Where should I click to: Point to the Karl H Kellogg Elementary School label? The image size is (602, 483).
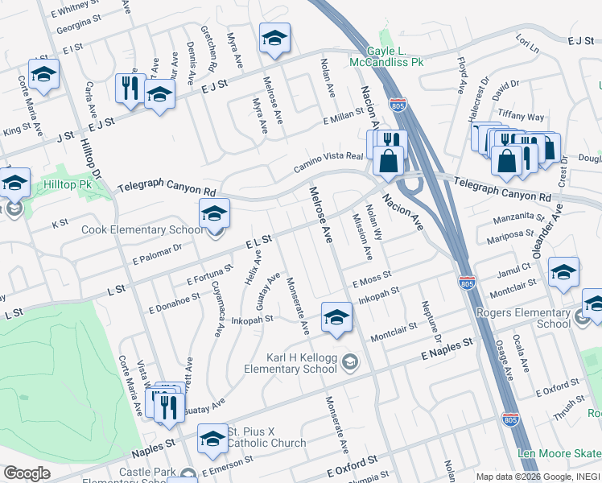click(x=302, y=363)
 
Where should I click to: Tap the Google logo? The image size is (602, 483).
click(x=27, y=473)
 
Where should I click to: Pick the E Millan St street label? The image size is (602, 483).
click(x=344, y=118)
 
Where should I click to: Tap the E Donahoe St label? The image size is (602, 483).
click(x=174, y=303)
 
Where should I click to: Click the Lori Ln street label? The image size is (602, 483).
click(x=528, y=40)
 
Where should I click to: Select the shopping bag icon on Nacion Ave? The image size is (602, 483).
click(x=388, y=159)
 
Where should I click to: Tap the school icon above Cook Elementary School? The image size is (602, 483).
click(x=214, y=213)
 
